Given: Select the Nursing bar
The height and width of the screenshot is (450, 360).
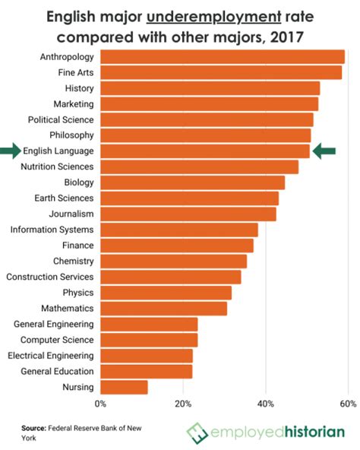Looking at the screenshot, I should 124,387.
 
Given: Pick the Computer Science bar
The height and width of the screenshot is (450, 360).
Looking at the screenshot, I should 149,340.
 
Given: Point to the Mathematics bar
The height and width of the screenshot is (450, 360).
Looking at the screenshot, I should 163,309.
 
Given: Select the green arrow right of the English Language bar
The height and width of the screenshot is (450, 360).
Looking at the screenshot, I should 324,151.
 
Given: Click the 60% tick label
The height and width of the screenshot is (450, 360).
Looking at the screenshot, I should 348,404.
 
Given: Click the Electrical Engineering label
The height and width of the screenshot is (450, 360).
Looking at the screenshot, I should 50,355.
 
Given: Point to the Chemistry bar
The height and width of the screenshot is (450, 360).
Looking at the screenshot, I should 173,261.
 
